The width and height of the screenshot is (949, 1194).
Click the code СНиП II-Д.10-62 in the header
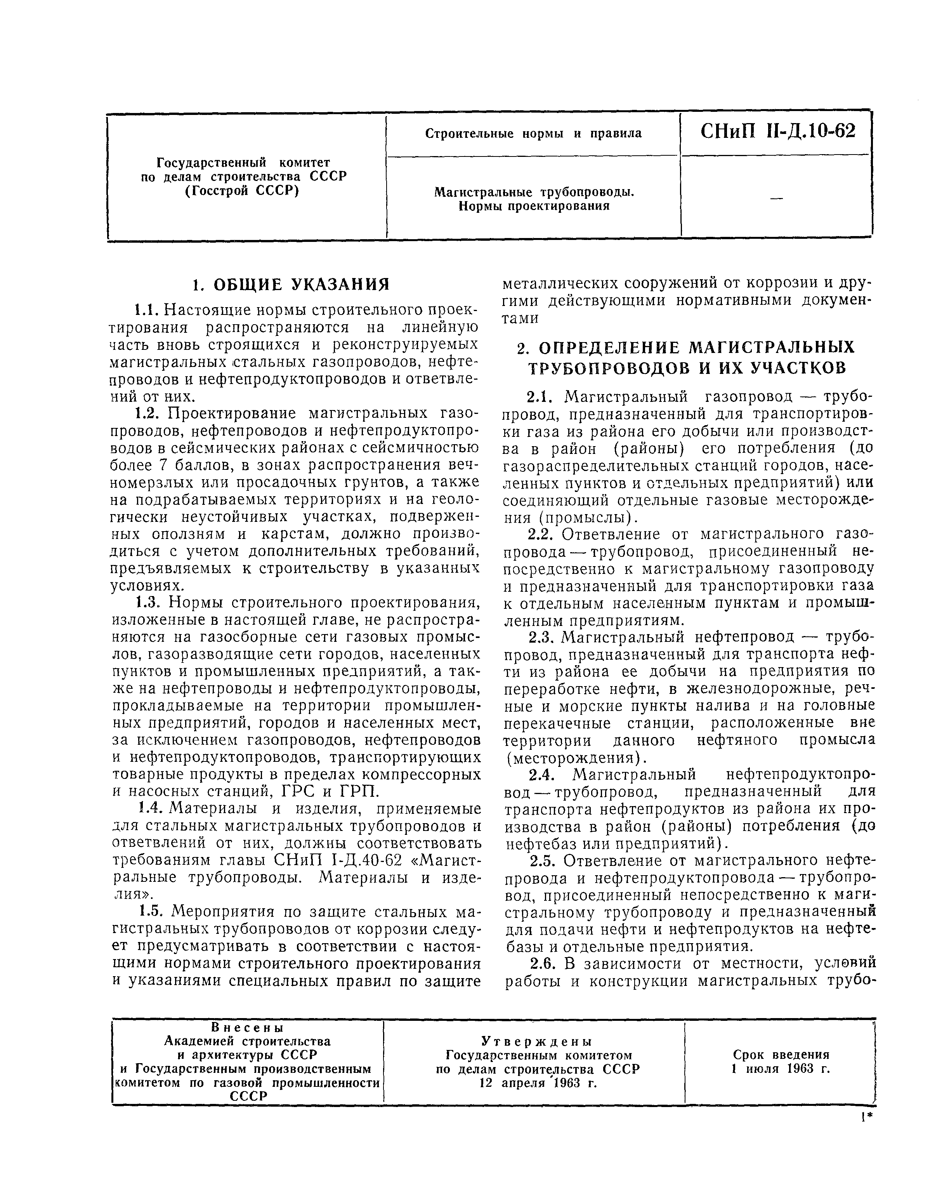777,131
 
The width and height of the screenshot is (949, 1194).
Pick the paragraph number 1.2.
148,413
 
